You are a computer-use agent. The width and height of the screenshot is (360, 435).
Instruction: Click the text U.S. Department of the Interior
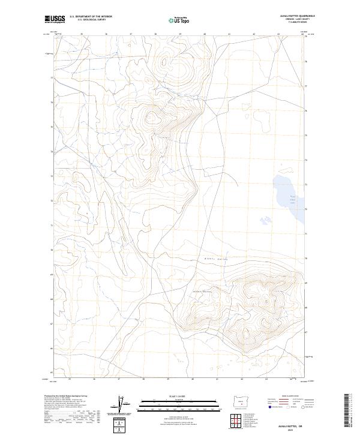click(91, 16)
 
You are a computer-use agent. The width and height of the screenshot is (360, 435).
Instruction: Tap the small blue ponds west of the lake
click(262, 218)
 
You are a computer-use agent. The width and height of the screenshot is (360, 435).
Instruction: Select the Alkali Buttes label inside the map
click(203, 290)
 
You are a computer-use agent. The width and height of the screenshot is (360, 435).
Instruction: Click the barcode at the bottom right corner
click(349, 414)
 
